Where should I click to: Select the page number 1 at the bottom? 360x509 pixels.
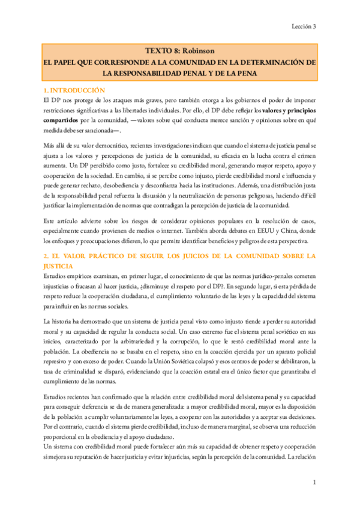pyautogui.click(x=314, y=482)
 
